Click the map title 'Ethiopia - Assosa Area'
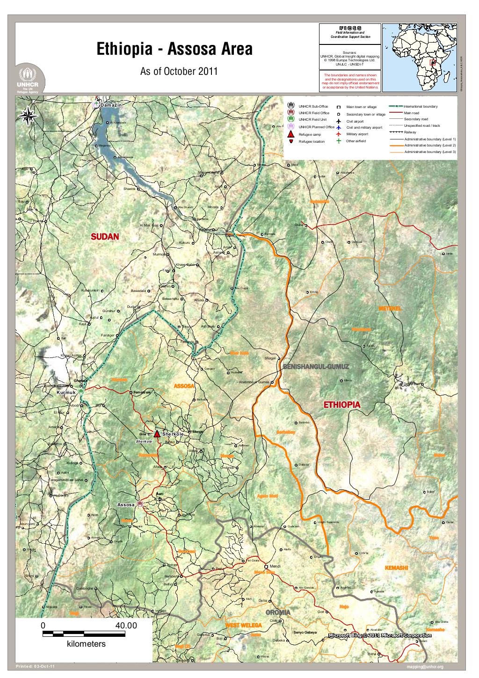(174, 49)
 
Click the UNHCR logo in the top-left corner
(30, 80)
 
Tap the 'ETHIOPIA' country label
(341, 404)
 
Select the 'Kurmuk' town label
(65, 392)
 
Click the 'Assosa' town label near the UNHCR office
(126, 505)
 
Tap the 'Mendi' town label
(275, 566)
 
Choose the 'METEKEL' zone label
(390, 309)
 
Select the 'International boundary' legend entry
(421, 106)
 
